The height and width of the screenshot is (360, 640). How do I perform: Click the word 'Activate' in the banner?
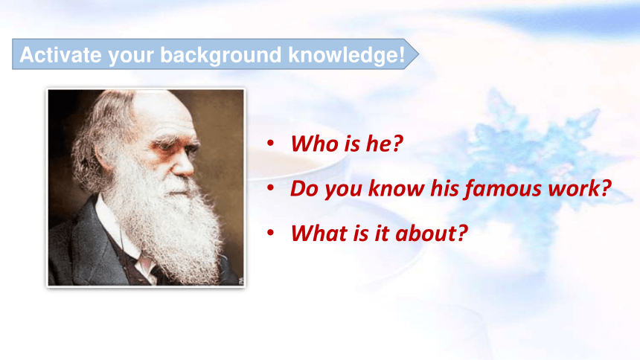(x=61, y=55)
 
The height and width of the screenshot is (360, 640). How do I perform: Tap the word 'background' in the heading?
(x=221, y=56)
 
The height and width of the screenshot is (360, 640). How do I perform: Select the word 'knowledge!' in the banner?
(x=347, y=56)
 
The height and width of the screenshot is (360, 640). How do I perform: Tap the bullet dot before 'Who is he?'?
(x=270, y=143)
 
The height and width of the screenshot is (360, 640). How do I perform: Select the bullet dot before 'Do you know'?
(x=270, y=187)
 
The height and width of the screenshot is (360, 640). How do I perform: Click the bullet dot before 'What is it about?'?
(x=270, y=233)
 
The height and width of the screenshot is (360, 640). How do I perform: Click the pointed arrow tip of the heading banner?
(x=418, y=54)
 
